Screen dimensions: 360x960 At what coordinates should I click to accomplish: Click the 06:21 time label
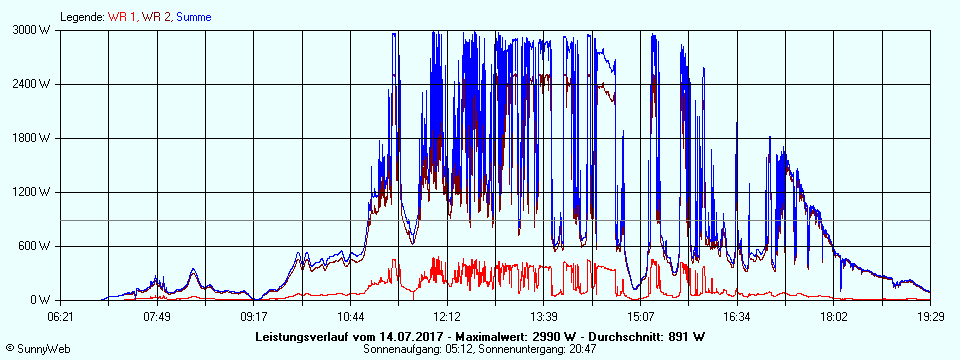61,316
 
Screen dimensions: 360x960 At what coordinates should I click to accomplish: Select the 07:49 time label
157,316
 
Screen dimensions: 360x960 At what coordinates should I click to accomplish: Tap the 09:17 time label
254,316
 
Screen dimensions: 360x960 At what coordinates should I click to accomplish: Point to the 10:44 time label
351,316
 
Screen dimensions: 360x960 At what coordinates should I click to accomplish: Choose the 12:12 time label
447,316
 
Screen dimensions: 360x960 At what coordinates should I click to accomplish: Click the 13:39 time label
544,316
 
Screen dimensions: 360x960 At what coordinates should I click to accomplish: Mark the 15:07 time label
641,316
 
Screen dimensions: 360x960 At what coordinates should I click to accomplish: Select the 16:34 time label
737,316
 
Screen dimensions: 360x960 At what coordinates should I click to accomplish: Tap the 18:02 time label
834,316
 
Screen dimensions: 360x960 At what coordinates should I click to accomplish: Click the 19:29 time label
930,316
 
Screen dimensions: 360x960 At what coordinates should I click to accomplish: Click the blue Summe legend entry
193,17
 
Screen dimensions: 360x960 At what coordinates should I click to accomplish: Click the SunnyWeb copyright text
37,350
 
